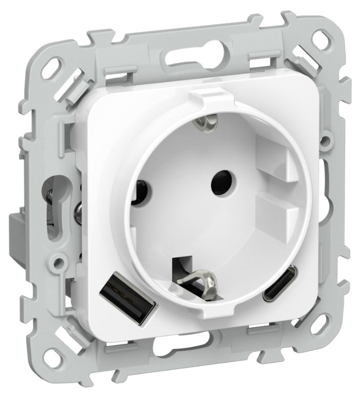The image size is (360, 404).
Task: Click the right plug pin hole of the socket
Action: point(221,180)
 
